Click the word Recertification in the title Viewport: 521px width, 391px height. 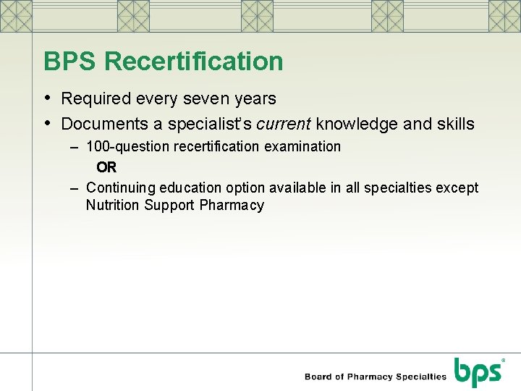193,62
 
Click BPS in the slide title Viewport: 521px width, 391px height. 70,62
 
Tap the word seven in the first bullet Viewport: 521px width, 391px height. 211,98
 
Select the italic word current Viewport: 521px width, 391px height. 284,125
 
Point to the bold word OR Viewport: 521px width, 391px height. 106,167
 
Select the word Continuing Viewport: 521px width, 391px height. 120,188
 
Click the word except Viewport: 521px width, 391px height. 457,188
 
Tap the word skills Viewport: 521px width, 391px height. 454,125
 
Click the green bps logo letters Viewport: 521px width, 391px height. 478,374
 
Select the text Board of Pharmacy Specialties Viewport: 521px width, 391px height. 376,377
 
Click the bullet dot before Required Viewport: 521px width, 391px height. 48,98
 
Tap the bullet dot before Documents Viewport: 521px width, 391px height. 48,124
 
